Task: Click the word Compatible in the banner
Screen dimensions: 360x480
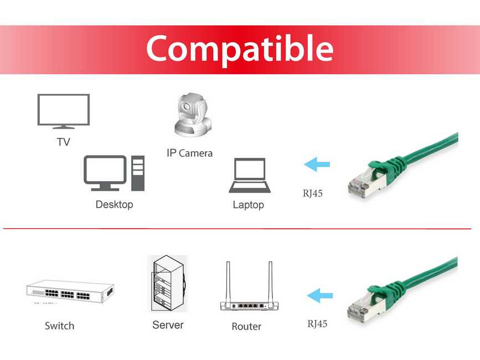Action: point(239,49)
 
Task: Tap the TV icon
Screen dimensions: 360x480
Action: point(63,111)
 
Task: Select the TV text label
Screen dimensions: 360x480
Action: point(63,142)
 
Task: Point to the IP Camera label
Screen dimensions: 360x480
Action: point(189,153)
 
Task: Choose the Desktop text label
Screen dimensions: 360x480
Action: point(114,204)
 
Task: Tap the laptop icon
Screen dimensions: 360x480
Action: point(250,176)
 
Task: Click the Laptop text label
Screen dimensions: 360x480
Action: point(248,205)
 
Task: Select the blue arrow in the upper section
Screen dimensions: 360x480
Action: point(317,164)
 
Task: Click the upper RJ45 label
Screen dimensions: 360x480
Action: point(312,193)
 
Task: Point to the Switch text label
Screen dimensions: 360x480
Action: point(59,326)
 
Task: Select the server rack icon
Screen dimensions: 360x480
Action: point(168,283)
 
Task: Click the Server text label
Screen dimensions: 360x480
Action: point(168,325)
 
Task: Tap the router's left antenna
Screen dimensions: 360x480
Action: point(228,282)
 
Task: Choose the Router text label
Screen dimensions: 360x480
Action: point(246,326)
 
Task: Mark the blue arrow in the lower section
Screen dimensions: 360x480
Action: point(320,295)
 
